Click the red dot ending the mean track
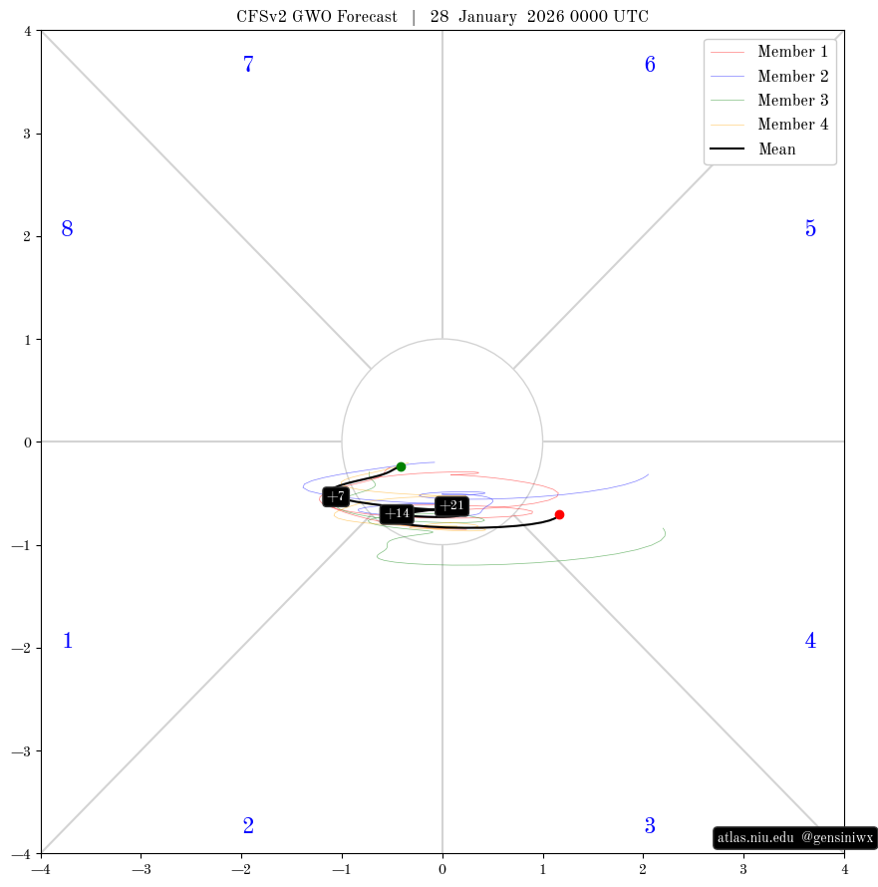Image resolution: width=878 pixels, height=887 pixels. pos(559,515)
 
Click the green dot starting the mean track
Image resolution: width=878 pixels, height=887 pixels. pos(401,466)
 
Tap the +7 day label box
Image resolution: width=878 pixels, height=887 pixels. pos(336,496)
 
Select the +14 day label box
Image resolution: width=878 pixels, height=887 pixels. pos(397,513)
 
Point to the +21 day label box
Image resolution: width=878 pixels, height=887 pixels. pos(451,505)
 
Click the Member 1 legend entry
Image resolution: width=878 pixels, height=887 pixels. pos(768,52)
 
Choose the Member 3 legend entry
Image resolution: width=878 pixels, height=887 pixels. pos(768,100)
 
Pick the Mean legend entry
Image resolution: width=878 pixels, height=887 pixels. pos(752,148)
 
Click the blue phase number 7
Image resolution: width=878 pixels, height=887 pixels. pos(248,64)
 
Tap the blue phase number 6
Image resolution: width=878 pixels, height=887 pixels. pos(650,64)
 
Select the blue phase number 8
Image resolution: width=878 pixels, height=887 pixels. pos(67,228)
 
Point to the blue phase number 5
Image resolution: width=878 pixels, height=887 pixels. pos(810,228)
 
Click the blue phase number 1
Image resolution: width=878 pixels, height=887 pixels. pos(68,641)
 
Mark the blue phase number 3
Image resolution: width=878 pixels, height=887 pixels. pos(650,826)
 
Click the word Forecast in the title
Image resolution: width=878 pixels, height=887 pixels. pos(367,16)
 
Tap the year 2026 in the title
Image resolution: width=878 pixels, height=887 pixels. pos(545,16)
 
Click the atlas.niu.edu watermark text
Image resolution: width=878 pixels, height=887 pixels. pos(755,837)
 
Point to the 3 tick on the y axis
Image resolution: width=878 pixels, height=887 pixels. pos(28,135)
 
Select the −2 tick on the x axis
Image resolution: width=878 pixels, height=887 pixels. pos(241,869)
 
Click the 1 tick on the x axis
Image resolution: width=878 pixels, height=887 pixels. pos(543,869)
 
